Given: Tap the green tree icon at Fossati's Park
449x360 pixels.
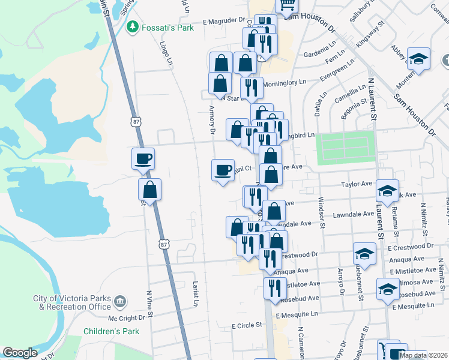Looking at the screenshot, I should (x=132, y=27).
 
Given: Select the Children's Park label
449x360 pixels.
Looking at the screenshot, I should (x=111, y=331).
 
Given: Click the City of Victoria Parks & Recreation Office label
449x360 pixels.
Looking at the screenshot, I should (x=73, y=302).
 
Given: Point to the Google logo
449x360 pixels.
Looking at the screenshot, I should (x=20, y=353).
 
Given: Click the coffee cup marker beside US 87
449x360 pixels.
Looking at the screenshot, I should (x=143, y=159).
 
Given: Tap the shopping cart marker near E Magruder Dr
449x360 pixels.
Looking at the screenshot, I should (x=286, y=5).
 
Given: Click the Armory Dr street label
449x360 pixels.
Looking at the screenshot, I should (x=212, y=119).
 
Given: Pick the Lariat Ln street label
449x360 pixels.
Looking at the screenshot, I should (x=196, y=294).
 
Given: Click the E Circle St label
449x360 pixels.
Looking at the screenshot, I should (x=247, y=325).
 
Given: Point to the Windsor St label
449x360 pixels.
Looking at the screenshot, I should (x=322, y=212).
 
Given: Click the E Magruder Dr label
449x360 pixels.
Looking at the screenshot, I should (x=224, y=22).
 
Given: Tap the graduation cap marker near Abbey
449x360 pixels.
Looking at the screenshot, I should (x=418, y=59).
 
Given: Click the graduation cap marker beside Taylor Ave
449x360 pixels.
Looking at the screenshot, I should (x=387, y=191).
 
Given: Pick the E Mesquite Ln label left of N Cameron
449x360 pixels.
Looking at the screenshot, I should (x=297, y=314).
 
